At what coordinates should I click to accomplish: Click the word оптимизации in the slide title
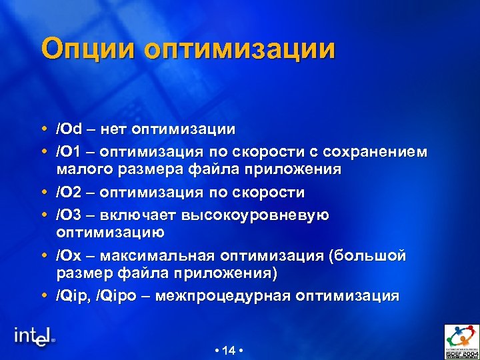pos(240,51)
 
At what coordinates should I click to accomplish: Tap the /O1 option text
pos(68,152)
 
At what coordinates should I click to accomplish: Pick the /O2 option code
pos(68,193)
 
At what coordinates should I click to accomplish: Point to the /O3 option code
pos(68,215)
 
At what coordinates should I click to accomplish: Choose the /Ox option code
pos(68,256)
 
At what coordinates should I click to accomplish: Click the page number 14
pos(229,350)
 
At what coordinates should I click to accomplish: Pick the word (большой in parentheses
pos(369,256)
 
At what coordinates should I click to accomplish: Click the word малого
pos(82,169)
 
